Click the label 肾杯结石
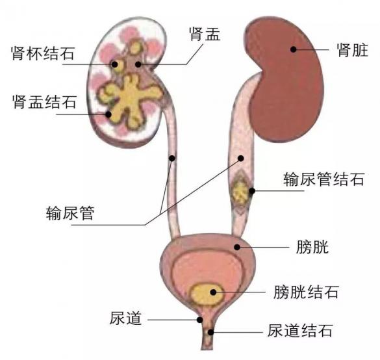point(43,53)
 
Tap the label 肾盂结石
point(45,102)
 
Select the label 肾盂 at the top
point(205,34)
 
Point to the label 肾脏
point(353,50)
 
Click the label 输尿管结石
point(323,179)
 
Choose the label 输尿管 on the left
point(70,213)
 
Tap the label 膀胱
point(312,247)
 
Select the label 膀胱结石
point(306,292)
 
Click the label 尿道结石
point(300,330)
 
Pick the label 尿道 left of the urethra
point(125,318)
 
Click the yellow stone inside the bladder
point(206,294)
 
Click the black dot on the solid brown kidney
point(293,49)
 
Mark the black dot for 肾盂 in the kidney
point(138,64)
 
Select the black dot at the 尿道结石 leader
point(211,332)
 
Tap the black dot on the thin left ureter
point(172,159)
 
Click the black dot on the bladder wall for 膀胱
point(237,247)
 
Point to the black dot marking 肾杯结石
point(114,64)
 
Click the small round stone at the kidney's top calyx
point(134,47)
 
